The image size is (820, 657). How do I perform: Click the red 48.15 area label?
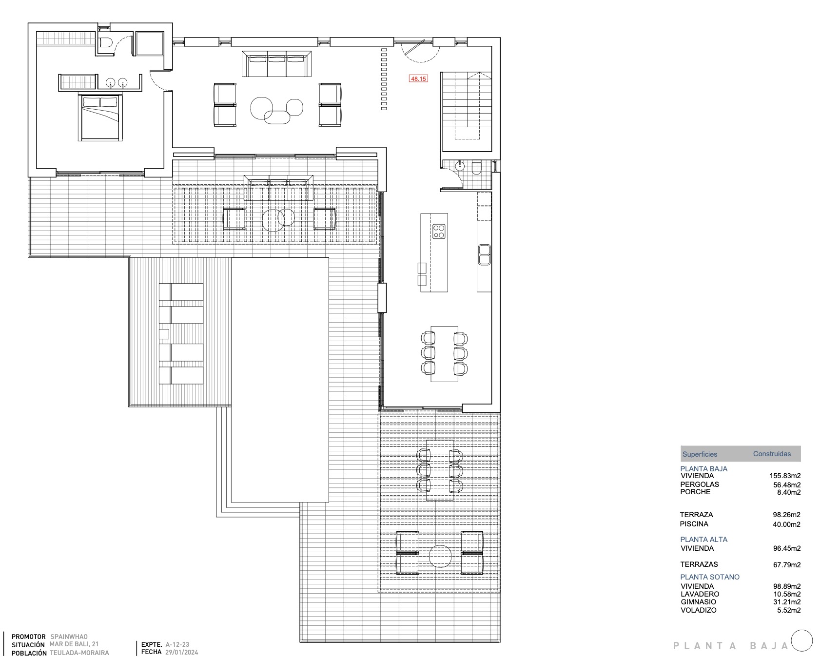coord(418,78)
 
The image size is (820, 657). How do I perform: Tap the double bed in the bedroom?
coord(100,118)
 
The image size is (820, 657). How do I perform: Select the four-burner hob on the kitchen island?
coord(439,231)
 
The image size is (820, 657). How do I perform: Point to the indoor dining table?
coord(445,353)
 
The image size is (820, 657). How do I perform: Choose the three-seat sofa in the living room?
coord(277,64)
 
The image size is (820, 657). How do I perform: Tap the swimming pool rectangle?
coord(280,380)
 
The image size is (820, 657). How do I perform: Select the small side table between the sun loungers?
coord(164,334)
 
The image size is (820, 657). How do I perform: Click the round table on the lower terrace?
coord(440,556)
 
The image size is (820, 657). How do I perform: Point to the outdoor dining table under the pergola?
coord(440,470)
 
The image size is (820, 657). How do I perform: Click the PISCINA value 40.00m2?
coord(787,524)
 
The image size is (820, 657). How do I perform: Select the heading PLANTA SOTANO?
coord(710,577)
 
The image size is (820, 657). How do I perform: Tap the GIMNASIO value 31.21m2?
coord(787,602)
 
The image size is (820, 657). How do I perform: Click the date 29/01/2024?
coord(182,652)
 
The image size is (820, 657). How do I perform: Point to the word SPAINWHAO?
coord(69,637)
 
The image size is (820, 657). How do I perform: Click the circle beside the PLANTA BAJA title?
coord(802,640)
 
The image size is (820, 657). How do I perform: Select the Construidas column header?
coord(772,454)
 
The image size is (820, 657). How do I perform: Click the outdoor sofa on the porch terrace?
coord(279,188)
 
